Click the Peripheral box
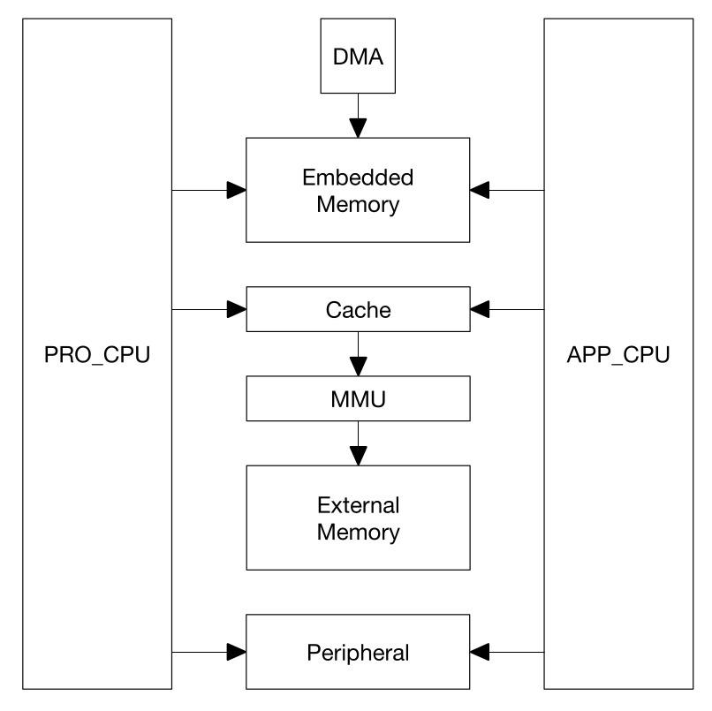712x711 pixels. tap(358, 654)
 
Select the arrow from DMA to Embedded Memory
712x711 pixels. tap(358, 115)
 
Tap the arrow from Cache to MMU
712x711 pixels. tap(358, 353)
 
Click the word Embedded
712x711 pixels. tap(358, 178)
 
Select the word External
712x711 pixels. tap(358, 506)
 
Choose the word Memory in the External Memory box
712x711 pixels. tap(358, 533)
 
